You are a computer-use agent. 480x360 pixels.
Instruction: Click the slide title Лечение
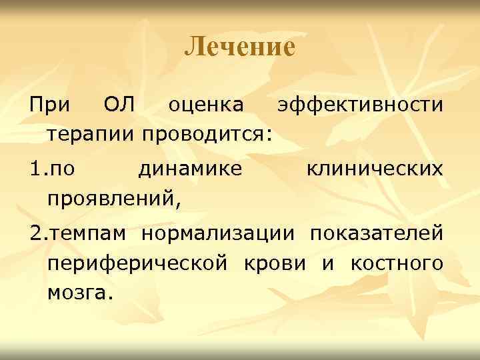click(x=239, y=47)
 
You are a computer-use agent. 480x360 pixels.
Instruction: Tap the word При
click(x=48, y=105)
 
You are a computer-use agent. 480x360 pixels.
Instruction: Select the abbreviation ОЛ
click(x=120, y=105)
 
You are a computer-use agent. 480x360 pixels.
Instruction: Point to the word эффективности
click(x=361, y=105)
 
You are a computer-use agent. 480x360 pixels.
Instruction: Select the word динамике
click(x=190, y=169)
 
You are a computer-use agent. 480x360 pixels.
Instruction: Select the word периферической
click(x=138, y=263)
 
